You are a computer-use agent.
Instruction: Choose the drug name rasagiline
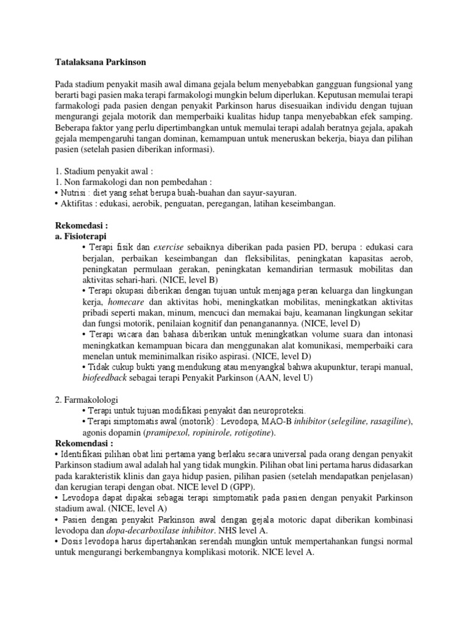(388, 422)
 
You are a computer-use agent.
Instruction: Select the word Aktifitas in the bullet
(76, 203)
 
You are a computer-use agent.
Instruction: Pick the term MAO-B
(260, 422)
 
